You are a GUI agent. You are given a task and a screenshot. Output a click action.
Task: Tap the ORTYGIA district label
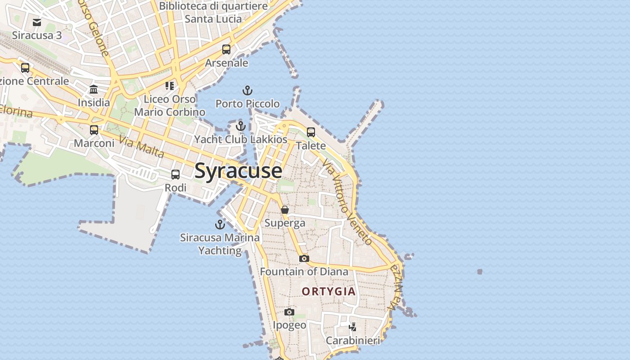coord(328,292)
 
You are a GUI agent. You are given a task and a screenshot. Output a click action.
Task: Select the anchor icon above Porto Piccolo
coord(247,90)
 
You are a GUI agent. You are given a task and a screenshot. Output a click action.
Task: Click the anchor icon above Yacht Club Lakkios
coord(241,126)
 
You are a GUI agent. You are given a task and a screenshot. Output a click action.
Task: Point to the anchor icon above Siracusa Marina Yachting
coord(220,224)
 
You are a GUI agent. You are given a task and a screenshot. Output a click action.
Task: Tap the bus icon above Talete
coord(311,132)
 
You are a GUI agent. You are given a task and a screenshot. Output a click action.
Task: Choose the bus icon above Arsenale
coord(226,49)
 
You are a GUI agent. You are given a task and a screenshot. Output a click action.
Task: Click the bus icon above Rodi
coord(175,175)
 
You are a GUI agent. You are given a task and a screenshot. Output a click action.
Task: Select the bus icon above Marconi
coord(94,130)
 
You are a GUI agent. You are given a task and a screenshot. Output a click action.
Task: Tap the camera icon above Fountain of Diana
coord(304,258)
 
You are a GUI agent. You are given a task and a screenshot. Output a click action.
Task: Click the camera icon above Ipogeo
coord(289,312)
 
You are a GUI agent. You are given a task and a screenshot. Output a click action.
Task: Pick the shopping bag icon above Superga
coord(284,210)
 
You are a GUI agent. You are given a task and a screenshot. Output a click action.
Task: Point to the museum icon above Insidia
coord(94,89)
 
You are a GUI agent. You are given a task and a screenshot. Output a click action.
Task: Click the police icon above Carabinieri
coord(353,327)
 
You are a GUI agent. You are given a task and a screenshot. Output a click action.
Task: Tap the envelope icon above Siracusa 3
coord(37,22)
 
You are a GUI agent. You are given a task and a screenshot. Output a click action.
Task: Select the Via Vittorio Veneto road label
coord(348,204)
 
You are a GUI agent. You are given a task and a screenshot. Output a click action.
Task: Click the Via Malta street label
coord(142,148)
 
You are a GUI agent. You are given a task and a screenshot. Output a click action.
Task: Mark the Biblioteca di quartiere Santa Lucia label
coord(213,13)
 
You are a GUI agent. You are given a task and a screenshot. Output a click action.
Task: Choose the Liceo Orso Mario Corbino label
coord(170,105)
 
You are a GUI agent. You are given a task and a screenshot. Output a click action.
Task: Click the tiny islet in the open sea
coord(480,271)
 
